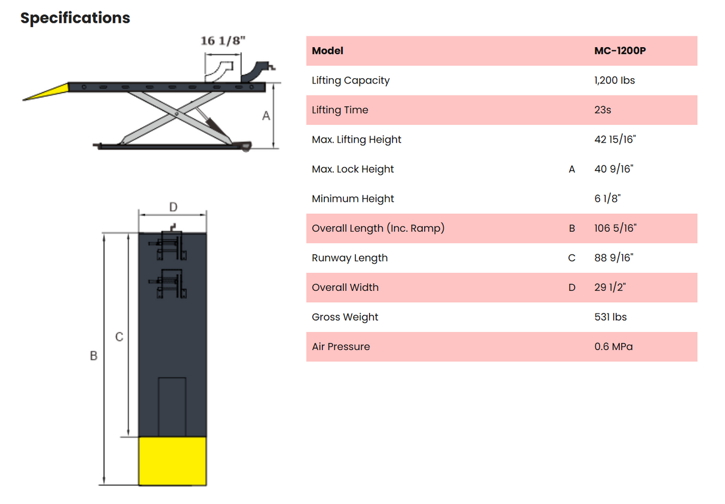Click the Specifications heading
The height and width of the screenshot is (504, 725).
click(75, 18)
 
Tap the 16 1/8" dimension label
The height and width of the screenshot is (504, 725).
click(223, 41)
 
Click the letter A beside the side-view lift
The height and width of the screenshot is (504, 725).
click(266, 116)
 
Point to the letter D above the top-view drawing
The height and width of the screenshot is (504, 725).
click(173, 207)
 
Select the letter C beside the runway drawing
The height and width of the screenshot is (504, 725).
click(119, 337)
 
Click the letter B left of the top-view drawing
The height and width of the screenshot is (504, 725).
click(94, 356)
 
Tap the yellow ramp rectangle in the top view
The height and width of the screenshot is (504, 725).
click(173, 461)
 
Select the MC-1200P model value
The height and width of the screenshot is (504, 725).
click(620, 51)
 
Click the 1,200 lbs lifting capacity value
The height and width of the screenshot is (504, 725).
click(615, 80)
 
